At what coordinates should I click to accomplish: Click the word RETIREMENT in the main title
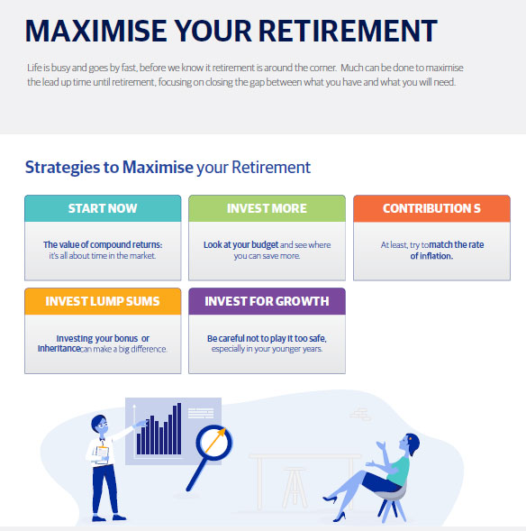point(348,31)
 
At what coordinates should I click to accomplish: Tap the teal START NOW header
point(103,208)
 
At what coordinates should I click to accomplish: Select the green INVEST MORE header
point(267,208)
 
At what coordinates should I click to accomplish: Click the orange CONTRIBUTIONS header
point(431,208)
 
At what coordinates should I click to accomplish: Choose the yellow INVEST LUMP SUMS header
point(103,301)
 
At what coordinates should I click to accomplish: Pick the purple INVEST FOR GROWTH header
point(267,301)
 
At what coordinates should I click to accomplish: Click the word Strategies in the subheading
point(62,168)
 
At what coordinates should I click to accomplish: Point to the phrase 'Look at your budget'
point(240,245)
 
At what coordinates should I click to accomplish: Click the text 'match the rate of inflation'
point(447,251)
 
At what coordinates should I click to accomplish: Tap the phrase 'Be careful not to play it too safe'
point(267,338)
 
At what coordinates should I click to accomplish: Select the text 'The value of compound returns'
point(103,244)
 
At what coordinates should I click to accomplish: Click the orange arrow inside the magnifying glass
point(215,440)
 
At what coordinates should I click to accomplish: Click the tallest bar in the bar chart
point(179,428)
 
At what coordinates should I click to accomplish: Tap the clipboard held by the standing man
point(102,454)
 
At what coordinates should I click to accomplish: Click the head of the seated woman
point(410,444)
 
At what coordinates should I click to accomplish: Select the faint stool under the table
point(295,488)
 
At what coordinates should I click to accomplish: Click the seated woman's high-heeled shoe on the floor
point(340,517)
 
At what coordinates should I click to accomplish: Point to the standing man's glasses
point(104,424)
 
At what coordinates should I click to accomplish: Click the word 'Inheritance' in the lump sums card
point(59,349)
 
